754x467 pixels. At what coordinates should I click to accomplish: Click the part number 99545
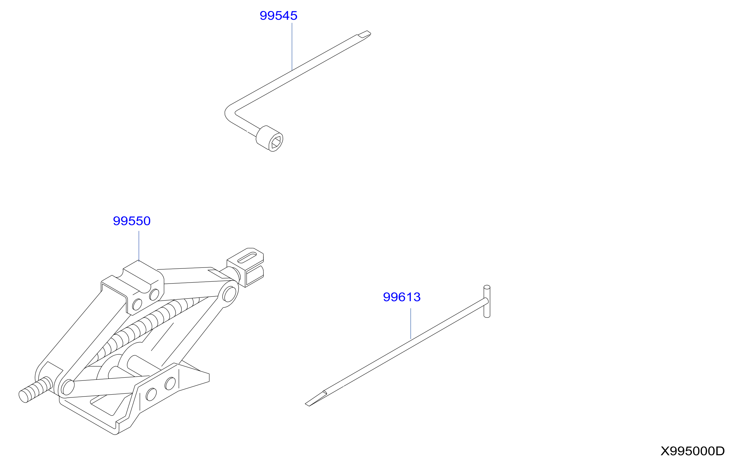pyautogui.click(x=278, y=16)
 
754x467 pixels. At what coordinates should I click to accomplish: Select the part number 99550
pyautogui.click(x=132, y=221)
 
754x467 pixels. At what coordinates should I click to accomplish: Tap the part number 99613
pyautogui.click(x=402, y=297)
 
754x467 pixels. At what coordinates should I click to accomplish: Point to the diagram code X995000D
pyautogui.click(x=693, y=451)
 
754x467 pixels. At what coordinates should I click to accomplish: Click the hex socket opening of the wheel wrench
pyautogui.click(x=276, y=142)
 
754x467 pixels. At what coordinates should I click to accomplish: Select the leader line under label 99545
pyautogui.click(x=292, y=47)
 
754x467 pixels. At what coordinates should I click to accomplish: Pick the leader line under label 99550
pyautogui.click(x=139, y=246)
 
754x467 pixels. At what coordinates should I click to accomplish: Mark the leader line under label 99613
pyautogui.click(x=411, y=324)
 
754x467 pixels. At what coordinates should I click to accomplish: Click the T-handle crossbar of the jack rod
pyautogui.click(x=487, y=301)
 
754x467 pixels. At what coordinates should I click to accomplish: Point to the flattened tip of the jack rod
pyautogui.click(x=316, y=399)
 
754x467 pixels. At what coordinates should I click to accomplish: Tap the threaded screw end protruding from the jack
pyautogui.click(x=35, y=390)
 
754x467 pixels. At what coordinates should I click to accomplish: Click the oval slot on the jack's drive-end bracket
pyautogui.click(x=247, y=258)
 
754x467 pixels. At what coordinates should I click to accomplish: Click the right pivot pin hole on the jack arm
pyautogui.click(x=229, y=294)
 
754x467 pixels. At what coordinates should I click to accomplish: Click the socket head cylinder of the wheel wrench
pyautogui.click(x=269, y=138)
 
